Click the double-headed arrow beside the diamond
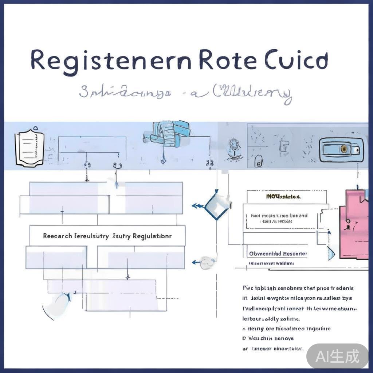198,206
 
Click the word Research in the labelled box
57,236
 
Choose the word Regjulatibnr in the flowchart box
152,236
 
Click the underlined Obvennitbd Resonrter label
278,254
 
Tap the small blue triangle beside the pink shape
331,253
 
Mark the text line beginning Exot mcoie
279,216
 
